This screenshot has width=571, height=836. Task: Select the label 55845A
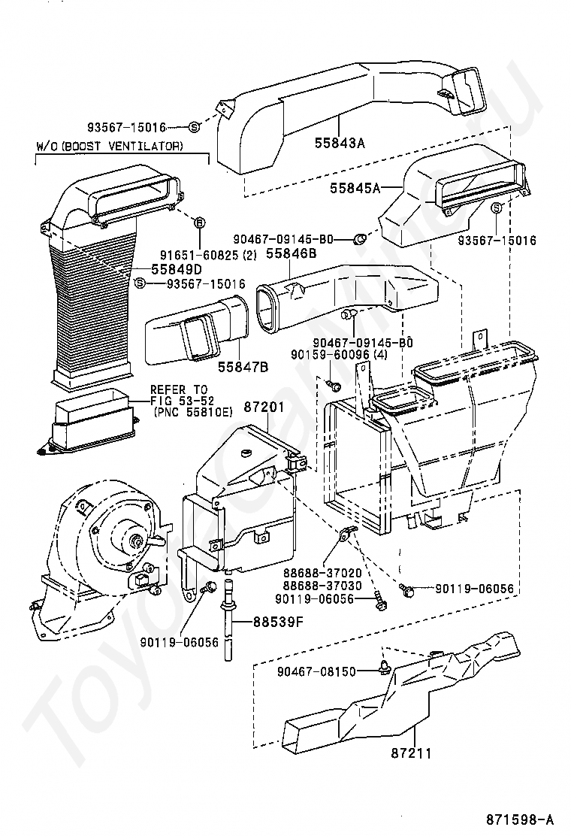tap(355, 188)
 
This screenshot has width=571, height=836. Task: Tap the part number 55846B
tap(292, 255)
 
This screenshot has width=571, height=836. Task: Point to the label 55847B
tap(243, 367)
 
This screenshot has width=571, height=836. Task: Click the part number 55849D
tap(176, 268)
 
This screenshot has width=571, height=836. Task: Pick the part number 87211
tap(411, 752)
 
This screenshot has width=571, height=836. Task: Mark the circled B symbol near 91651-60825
tap(200, 223)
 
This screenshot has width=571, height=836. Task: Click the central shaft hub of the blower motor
tap(135, 539)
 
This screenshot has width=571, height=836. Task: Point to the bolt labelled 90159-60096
tap(335, 386)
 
